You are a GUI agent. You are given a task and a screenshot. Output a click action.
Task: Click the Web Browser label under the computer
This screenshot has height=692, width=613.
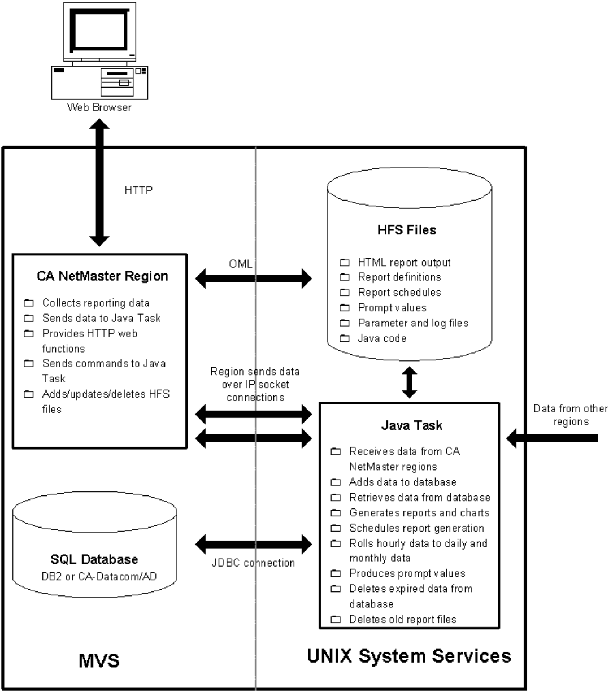tap(99, 108)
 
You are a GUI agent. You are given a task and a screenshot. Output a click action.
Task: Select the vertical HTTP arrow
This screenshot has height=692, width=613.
tap(99, 184)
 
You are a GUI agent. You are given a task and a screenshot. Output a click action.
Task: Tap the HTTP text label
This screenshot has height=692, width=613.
tap(139, 191)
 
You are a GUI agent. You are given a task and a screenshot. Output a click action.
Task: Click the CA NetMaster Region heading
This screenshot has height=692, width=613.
tap(102, 277)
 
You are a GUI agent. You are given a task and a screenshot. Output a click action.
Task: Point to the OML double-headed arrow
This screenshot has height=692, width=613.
tap(253, 278)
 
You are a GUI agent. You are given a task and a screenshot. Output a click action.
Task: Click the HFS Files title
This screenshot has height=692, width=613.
tap(409, 230)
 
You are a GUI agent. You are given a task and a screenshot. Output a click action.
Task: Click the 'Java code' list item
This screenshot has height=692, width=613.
tap(382, 338)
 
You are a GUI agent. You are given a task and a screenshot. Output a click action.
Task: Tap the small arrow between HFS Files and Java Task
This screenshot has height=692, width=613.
tap(409, 383)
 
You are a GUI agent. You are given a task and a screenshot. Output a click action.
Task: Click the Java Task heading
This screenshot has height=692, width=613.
tap(411, 426)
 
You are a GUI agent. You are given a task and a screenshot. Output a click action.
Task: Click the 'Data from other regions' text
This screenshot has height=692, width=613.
tap(561, 415)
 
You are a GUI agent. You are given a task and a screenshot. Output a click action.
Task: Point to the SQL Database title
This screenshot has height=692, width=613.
tap(95, 560)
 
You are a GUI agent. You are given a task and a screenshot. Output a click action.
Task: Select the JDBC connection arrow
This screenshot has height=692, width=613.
tap(253, 544)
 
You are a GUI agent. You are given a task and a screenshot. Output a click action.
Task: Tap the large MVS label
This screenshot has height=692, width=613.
tap(98, 661)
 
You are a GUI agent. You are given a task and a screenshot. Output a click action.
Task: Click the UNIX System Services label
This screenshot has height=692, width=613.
tap(409, 656)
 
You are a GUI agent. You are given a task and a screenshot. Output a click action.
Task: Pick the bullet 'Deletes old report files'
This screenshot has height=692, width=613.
tap(403, 619)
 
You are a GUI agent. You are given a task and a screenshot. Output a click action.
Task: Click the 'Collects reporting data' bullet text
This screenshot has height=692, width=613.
tap(96, 302)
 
